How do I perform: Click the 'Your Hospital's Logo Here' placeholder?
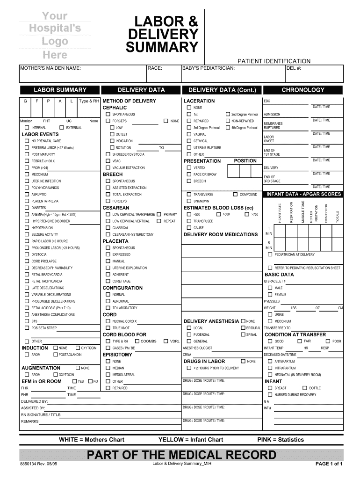(56, 36)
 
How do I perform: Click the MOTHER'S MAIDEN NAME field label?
(50, 69)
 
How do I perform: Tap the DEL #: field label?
(294, 69)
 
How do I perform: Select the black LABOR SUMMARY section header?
(60, 90)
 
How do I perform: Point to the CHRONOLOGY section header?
(303, 90)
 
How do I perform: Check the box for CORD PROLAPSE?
(27, 261)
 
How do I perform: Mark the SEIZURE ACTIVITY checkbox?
(27, 234)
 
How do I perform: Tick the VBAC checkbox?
(108, 161)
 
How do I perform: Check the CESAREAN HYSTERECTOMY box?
(108, 234)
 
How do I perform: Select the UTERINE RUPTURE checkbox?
(189, 147)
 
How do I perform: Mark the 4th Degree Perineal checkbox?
(227, 128)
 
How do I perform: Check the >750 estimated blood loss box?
(246, 214)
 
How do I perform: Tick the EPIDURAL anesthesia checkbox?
(243, 328)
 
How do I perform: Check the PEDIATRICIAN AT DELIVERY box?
(270, 254)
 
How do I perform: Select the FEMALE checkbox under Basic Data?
(270, 295)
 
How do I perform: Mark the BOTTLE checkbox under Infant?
(304, 388)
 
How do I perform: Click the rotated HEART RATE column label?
(280, 213)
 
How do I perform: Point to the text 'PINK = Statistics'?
(281, 440)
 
